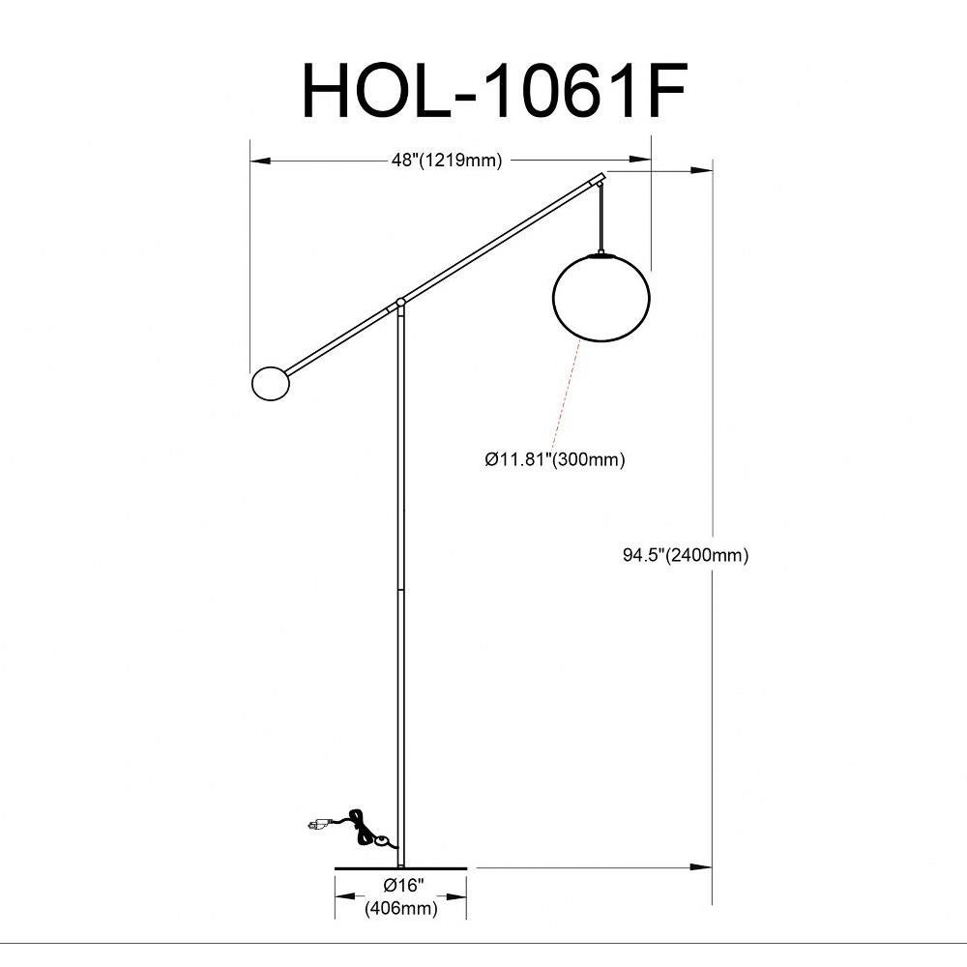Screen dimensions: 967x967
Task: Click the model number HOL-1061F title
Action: pyautogui.click(x=494, y=91)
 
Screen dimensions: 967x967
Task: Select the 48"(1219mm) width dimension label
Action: pyautogui.click(x=447, y=161)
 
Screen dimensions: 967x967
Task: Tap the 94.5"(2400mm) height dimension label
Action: pyautogui.click(x=686, y=555)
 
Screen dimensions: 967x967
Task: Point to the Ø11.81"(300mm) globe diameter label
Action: pyautogui.click(x=554, y=459)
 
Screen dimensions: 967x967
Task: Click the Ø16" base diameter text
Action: pyautogui.click(x=404, y=886)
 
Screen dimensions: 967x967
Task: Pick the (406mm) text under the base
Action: pyautogui.click(x=401, y=908)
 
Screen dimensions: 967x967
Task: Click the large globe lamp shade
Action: pyautogui.click(x=601, y=297)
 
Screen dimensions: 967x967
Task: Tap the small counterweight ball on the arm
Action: pyautogui.click(x=271, y=383)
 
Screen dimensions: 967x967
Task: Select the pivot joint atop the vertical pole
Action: pyautogui.click(x=401, y=302)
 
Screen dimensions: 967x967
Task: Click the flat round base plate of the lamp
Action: pyautogui.click(x=401, y=867)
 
